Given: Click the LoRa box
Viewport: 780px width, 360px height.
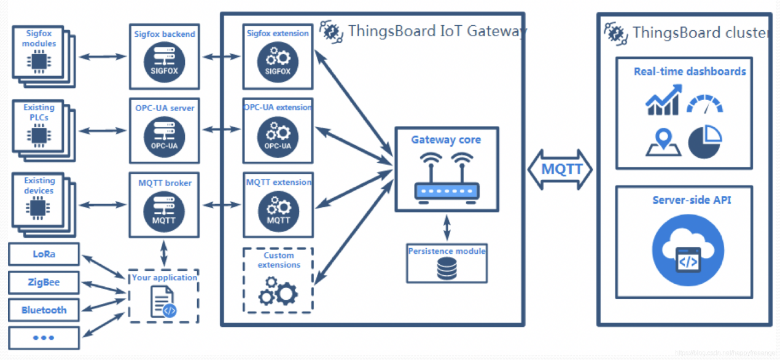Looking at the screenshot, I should point(44,254).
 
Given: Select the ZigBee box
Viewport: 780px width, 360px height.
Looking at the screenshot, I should point(44,283).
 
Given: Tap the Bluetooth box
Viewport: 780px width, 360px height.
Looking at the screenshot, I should point(44,310).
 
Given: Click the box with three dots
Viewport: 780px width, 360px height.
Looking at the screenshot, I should point(44,338).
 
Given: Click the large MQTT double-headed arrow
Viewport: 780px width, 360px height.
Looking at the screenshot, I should point(560,169).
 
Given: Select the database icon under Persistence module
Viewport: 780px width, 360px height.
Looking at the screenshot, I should point(447,268).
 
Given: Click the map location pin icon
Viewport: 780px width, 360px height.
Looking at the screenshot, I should point(663,142).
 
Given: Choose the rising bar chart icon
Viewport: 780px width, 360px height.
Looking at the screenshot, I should point(663,101).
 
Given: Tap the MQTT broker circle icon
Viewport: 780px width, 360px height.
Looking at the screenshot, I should point(163,209).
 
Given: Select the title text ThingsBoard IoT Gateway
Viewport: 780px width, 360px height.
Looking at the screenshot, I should point(437,31).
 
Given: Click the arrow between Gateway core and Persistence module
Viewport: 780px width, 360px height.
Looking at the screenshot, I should point(447,228).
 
